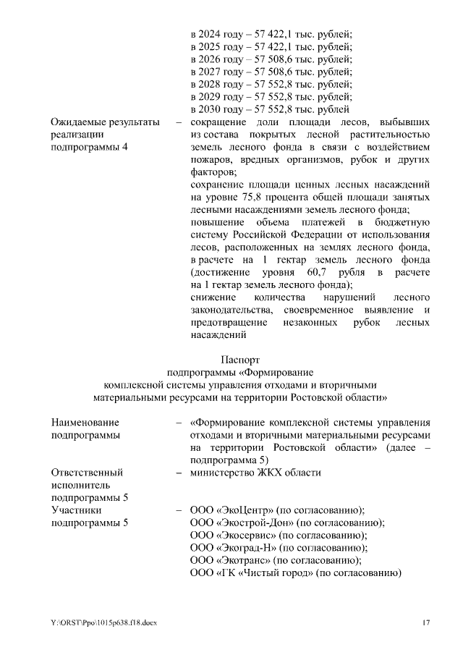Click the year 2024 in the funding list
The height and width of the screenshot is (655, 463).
point(211,33)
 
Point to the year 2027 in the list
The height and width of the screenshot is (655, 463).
point(211,72)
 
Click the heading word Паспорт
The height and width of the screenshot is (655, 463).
point(239,359)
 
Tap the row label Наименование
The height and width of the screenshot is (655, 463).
point(85,423)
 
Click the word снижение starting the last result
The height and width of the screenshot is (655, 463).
point(213,297)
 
